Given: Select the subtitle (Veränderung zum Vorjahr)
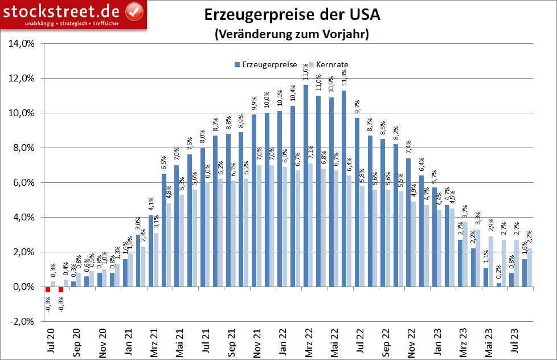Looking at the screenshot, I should pyautogui.click(x=292, y=34).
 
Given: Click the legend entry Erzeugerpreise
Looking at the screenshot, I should pyautogui.click(x=266, y=64).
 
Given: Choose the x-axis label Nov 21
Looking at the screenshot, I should pyautogui.click(x=257, y=342).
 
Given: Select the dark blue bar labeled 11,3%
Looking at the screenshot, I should pyautogui.click(x=344, y=188).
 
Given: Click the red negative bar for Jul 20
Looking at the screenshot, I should pyautogui.click(x=48, y=289).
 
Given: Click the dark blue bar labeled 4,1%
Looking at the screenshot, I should pyautogui.click(x=151, y=251).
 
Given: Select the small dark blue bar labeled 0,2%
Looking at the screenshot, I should pyautogui.click(x=499, y=285).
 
